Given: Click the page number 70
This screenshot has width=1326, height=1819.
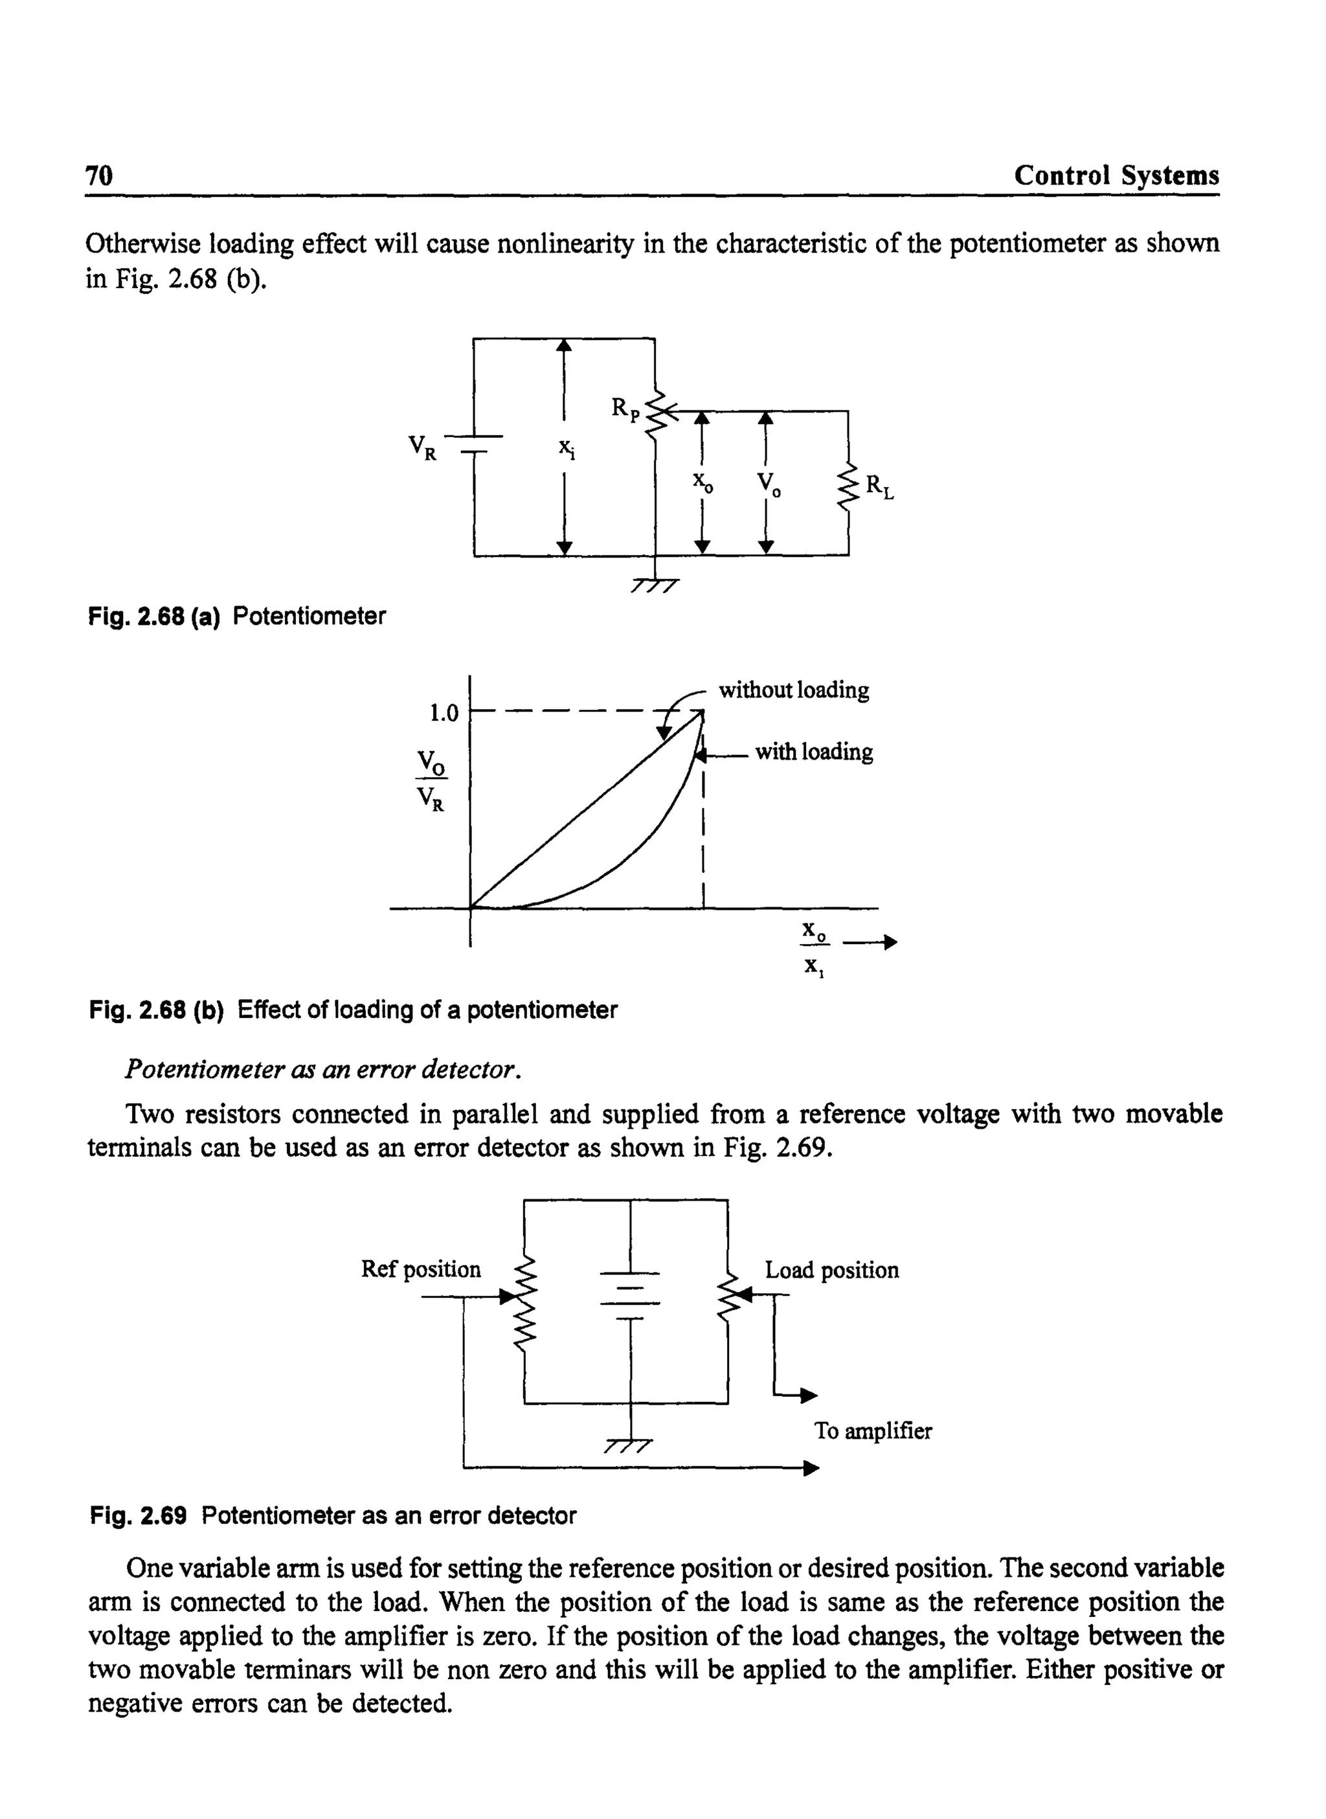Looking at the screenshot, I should [x=100, y=175].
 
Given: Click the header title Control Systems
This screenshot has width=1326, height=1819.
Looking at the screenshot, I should [x=1116, y=175].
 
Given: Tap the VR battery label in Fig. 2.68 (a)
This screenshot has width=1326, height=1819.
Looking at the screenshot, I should [x=422, y=447].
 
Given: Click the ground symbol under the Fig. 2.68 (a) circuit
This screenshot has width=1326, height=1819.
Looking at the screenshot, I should [x=655, y=583].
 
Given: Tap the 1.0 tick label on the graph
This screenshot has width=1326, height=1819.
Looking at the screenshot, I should [x=443, y=712].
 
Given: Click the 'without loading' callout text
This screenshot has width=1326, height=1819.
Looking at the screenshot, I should [x=793, y=690].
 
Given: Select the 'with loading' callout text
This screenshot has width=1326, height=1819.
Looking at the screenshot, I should [x=813, y=752].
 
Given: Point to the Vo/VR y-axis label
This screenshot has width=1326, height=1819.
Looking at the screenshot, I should [x=431, y=781].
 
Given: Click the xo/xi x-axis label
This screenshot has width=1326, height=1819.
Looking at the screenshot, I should [x=816, y=948].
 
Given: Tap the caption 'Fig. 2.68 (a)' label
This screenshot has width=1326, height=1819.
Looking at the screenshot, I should [x=153, y=616].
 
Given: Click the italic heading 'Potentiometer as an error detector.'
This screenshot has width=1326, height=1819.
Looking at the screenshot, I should [x=324, y=1069].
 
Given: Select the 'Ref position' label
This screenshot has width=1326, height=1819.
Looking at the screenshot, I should [x=421, y=1269].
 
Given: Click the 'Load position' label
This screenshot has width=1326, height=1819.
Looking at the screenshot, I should [x=831, y=1270].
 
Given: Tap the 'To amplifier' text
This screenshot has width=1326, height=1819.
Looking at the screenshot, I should [x=873, y=1430].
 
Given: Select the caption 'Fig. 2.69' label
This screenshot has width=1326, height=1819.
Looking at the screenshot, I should [x=138, y=1515].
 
